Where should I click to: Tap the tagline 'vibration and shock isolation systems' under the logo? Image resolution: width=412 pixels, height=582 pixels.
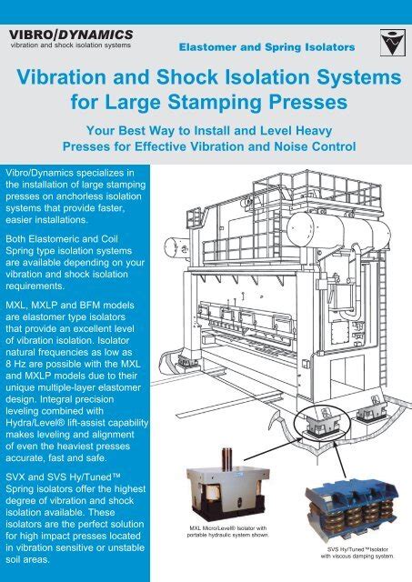tap(71, 45)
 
